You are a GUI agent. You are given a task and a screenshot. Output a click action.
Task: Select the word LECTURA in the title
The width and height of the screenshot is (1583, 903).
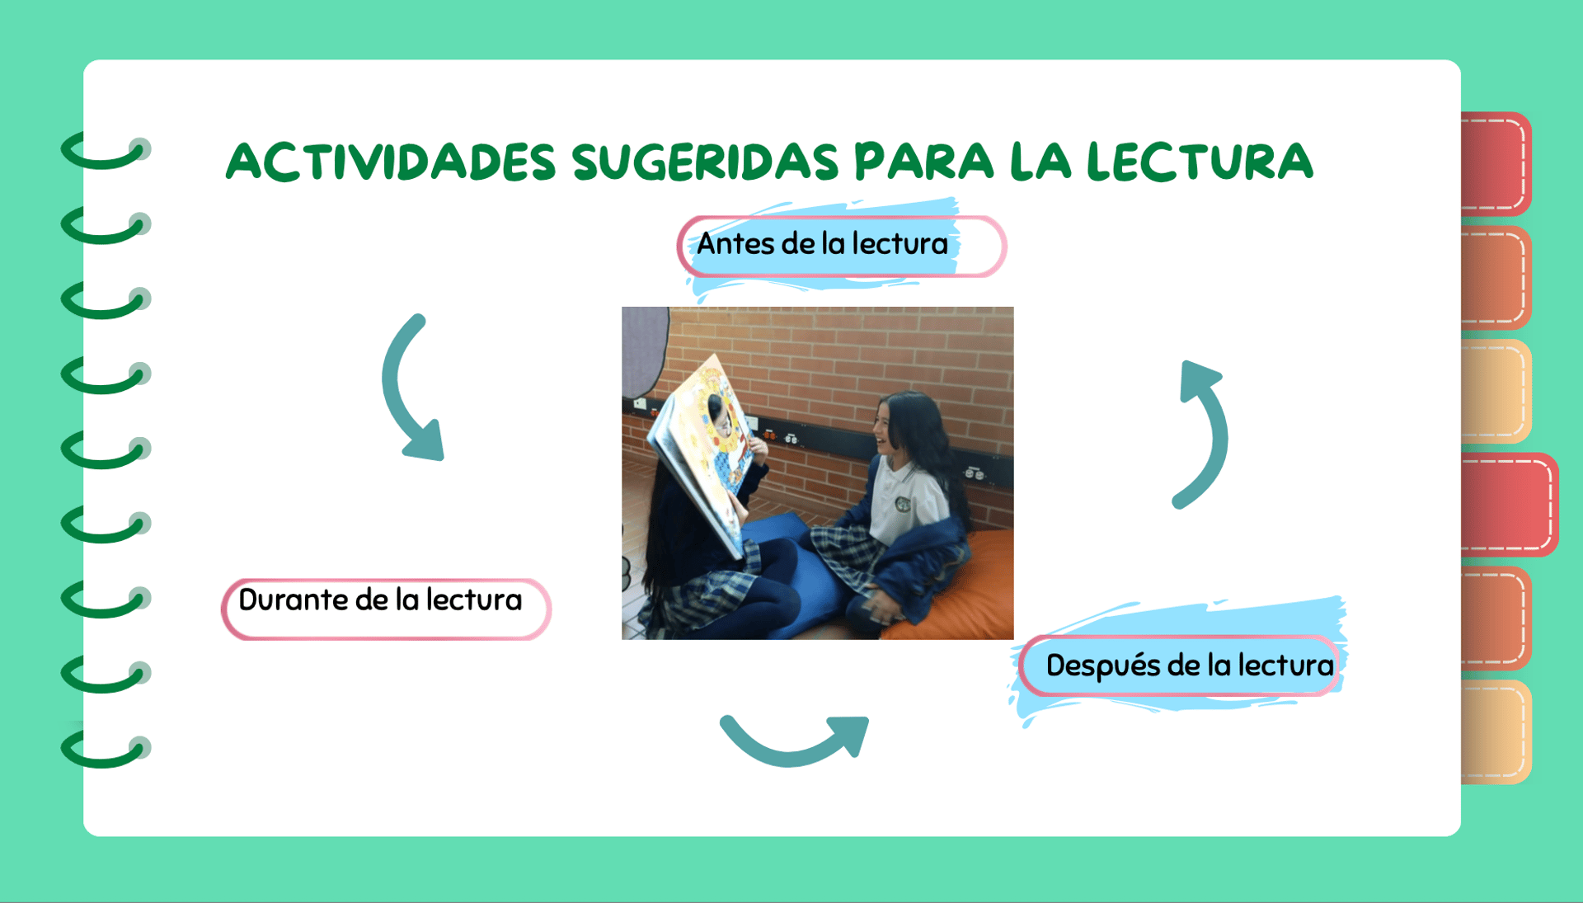point(1200,161)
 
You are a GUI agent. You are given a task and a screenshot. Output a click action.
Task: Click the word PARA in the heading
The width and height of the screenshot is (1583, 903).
point(924,161)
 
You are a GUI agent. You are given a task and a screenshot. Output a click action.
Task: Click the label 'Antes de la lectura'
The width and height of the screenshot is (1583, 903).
point(822,244)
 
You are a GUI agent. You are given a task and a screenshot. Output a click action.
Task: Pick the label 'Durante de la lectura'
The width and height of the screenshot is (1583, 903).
point(380,600)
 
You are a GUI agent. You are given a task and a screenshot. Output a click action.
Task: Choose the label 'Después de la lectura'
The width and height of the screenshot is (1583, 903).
point(1190,665)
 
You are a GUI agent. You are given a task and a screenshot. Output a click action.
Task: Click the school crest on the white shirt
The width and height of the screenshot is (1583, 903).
point(904,504)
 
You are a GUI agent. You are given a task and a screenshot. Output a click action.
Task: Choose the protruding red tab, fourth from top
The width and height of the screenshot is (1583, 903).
point(1509,504)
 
